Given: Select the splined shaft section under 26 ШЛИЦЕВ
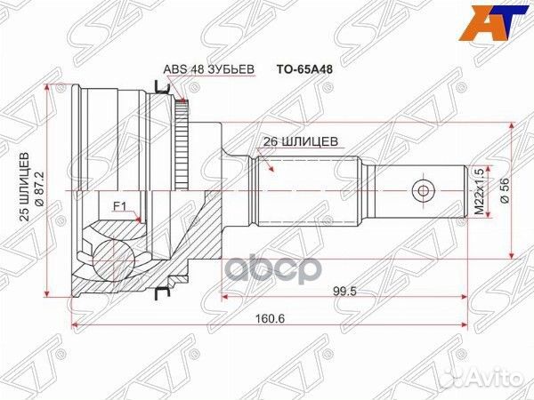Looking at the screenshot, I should point(303,188).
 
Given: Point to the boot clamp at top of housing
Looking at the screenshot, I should point(161,87).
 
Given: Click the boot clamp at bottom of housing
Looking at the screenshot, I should point(161,292).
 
